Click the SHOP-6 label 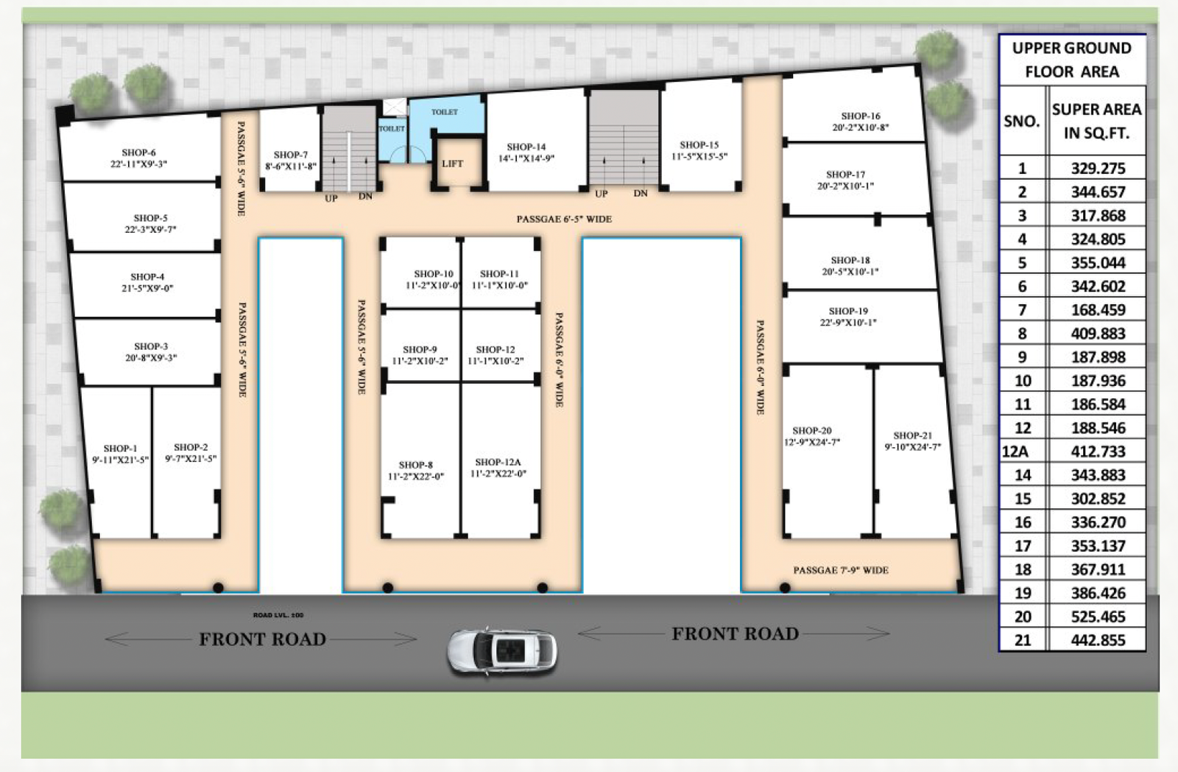(138, 152)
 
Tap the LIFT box (452, 164)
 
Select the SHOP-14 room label (526, 147)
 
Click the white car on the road (502, 651)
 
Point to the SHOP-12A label (498, 463)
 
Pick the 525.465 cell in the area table (1098, 617)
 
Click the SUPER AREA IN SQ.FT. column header (1096, 121)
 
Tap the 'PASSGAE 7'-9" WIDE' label (840, 570)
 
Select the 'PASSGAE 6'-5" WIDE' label (564, 219)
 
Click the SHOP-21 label (912, 435)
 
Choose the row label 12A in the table (1015, 452)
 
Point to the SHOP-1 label (120, 449)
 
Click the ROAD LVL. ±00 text (278, 614)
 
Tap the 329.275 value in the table (1098, 168)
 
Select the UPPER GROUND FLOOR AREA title (1071, 60)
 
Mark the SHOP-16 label (860, 116)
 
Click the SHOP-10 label (433, 274)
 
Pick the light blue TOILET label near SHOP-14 (445, 112)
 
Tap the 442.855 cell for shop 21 (1098, 640)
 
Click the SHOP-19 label (847, 312)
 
